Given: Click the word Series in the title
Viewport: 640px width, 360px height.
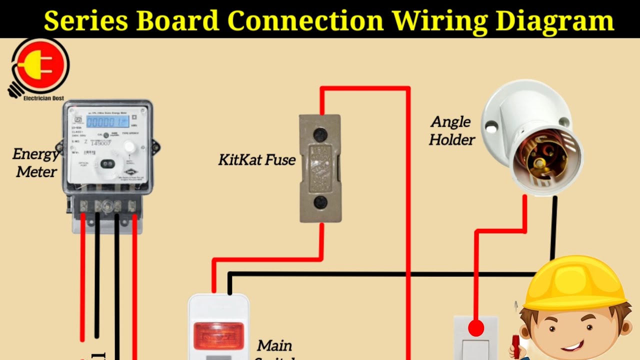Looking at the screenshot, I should tap(88, 20).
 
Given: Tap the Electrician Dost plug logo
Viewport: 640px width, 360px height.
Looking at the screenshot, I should tap(40, 65).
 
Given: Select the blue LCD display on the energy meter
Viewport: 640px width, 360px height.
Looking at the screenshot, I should tap(107, 121).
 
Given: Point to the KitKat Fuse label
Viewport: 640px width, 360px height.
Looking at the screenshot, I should tap(257, 160).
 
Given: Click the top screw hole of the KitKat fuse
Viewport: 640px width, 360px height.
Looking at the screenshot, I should tap(320, 134).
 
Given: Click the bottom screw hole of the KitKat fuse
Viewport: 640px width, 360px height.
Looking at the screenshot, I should tap(320, 202).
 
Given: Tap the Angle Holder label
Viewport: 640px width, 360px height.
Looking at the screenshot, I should tap(451, 130).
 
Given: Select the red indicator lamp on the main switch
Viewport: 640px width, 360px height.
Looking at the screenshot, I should tap(218, 335).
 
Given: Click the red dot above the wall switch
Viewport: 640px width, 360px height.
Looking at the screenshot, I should tap(476, 328).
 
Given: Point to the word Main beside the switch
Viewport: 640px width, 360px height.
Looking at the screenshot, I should tap(274, 345).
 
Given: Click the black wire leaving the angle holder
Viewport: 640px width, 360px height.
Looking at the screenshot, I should tap(554, 225).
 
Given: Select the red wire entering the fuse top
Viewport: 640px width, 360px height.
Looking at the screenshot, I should tap(322, 102).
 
